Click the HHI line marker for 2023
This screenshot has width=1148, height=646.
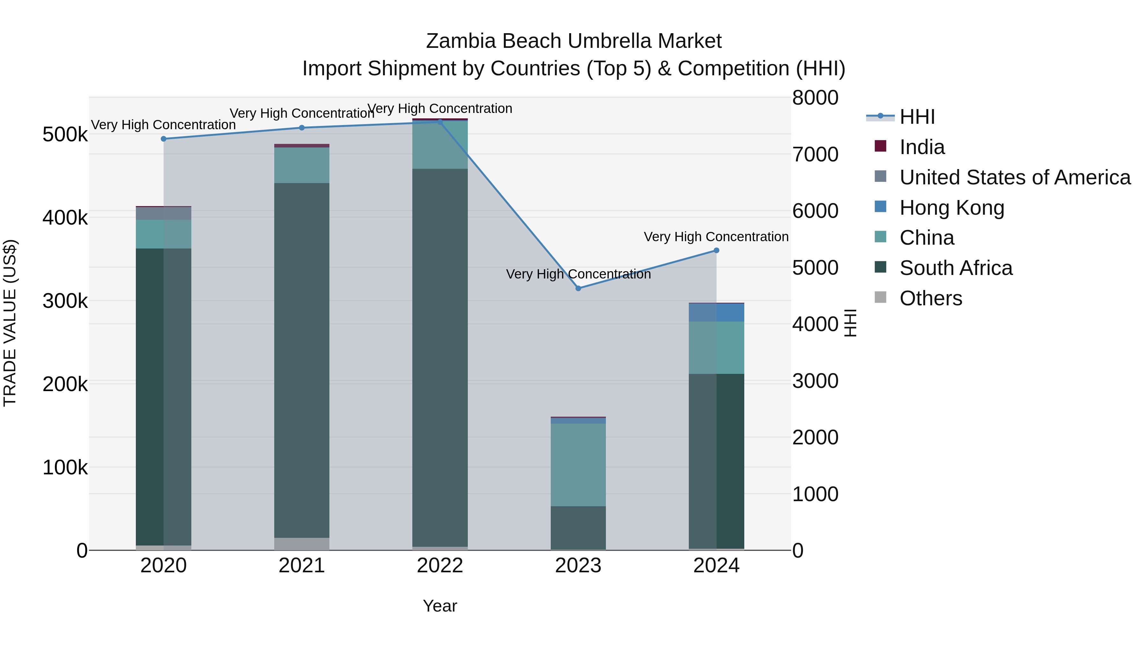click(x=578, y=288)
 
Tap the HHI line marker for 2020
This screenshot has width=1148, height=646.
click(x=164, y=139)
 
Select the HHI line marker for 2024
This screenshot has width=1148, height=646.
click(x=716, y=250)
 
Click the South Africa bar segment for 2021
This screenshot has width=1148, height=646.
click(x=302, y=360)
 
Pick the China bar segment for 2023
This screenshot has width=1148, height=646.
click(x=578, y=464)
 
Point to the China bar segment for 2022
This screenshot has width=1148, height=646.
click(x=440, y=145)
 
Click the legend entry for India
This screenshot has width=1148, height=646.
click(x=922, y=147)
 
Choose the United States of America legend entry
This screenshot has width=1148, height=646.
click(x=1015, y=177)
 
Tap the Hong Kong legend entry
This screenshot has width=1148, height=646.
click(x=952, y=208)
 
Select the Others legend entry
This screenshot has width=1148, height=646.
click(x=931, y=298)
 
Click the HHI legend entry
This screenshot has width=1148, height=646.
click(x=917, y=117)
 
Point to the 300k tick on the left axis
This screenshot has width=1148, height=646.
click(x=65, y=301)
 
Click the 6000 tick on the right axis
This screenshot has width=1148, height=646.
click(x=815, y=211)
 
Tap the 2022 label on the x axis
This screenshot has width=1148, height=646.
click(x=440, y=566)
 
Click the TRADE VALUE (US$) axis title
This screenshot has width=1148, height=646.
click(x=10, y=323)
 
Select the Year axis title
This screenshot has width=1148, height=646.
click(x=440, y=606)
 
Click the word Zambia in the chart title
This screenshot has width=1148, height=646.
click(x=461, y=41)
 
